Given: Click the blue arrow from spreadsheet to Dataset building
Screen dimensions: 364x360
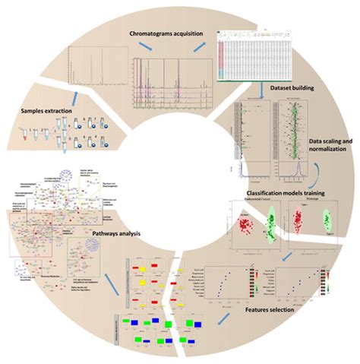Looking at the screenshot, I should (262, 90).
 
